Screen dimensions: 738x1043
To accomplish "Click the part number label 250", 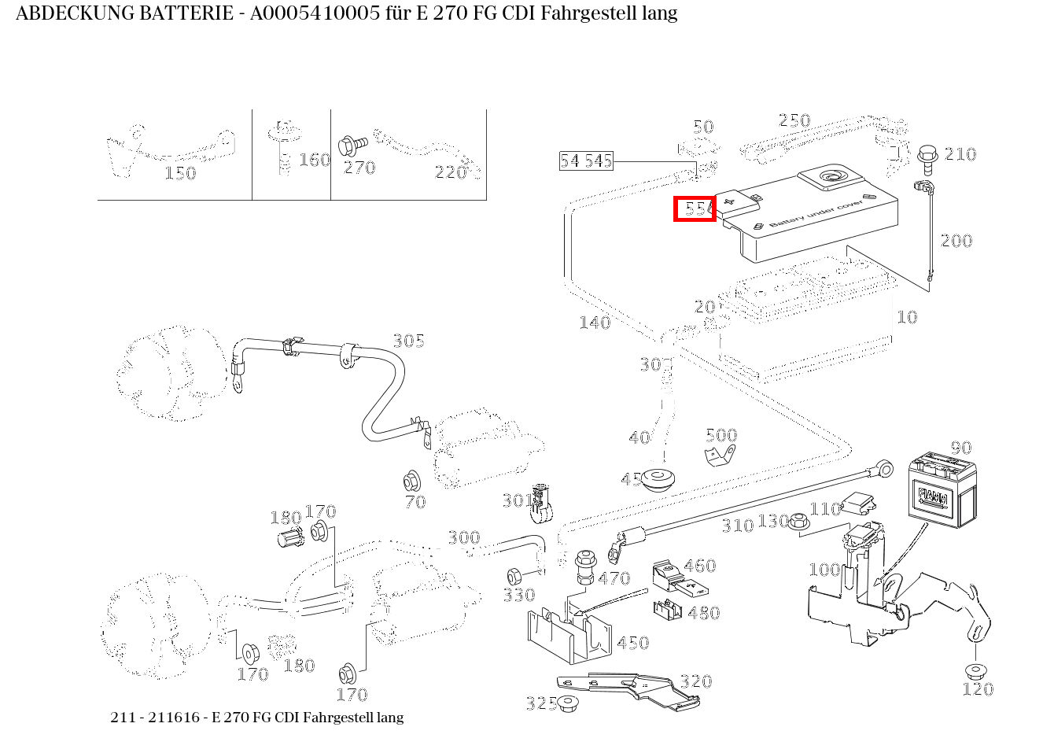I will pos(794,120).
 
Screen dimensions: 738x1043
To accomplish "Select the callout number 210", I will pos(960,154).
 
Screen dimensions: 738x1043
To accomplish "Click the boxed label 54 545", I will pos(585,161).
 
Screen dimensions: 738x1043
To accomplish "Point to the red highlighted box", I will pos(695,209).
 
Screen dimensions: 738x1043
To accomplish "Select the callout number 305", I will pos(408,341).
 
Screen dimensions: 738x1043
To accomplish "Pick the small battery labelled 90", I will pos(942,489).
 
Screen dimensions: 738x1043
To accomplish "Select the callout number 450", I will pos(632,643).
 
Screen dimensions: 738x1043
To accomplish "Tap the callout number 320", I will pos(695,681).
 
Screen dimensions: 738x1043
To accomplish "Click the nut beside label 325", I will pos(568,703).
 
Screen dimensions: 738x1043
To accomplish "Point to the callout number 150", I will pos(179,173).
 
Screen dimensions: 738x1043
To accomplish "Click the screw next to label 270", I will pos(352,146).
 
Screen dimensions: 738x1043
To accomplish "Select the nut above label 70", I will pos(410,479).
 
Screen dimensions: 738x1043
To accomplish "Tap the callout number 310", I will pos(737,526).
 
